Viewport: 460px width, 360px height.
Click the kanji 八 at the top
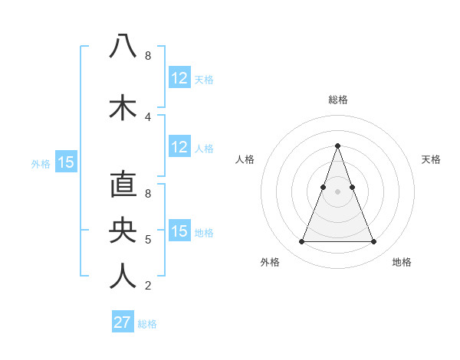[123, 46]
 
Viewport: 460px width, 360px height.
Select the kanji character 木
[123, 107]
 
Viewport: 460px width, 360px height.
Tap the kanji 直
[123, 185]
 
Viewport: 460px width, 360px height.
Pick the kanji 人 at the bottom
[123, 276]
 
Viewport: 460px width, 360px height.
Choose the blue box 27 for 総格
[123, 322]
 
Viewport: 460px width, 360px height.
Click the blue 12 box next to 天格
[179, 78]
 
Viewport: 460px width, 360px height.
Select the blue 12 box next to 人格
[179, 147]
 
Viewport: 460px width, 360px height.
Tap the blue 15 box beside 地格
[179, 231]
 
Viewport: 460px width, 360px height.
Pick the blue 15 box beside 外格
[66, 162]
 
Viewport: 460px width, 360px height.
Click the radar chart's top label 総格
[337, 100]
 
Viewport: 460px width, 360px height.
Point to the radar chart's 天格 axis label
[432, 159]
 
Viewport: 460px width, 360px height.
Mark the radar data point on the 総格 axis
[337, 146]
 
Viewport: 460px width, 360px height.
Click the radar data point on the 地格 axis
[373, 242]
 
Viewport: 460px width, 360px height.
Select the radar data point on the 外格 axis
[301, 242]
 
